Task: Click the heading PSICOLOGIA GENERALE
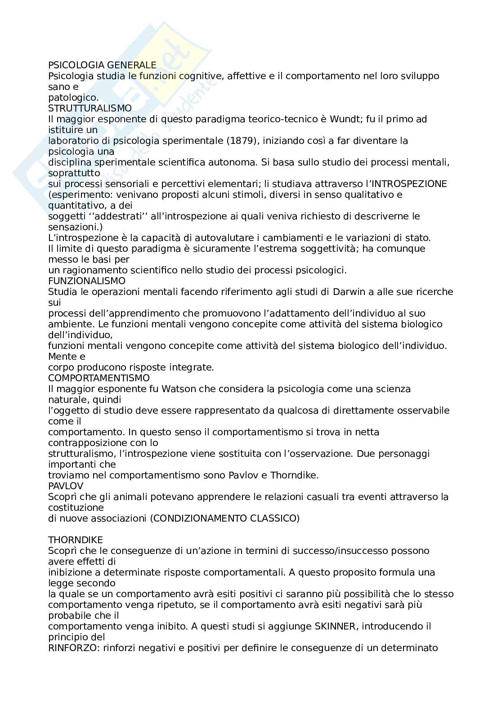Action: [102, 65]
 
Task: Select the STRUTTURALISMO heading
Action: [90, 108]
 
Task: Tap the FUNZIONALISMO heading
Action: [87, 281]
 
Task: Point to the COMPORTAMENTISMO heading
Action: [99, 378]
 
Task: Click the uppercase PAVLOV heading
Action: [66, 486]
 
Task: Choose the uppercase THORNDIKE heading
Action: [76, 540]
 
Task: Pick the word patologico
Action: [73, 98]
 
